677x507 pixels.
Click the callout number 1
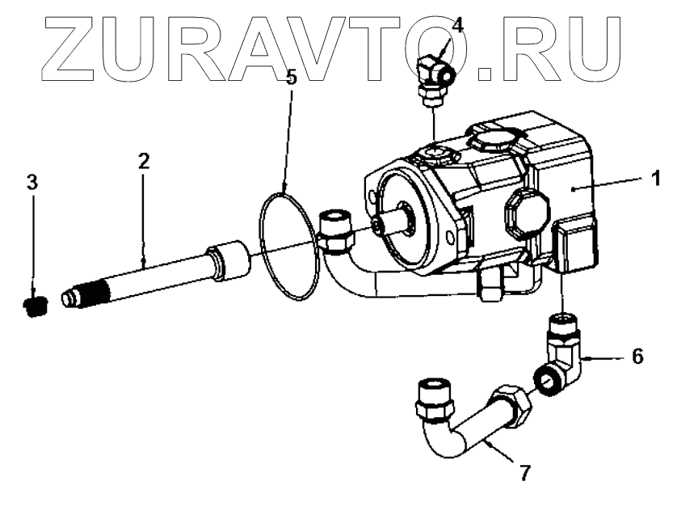tap(657, 175)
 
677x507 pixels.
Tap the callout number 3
tap(32, 182)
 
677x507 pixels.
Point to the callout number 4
tap(458, 25)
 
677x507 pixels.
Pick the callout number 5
tap(293, 78)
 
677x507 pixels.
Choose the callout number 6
tap(637, 356)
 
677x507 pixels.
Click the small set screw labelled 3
tap(33, 306)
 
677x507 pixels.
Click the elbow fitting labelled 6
tap(562, 351)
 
